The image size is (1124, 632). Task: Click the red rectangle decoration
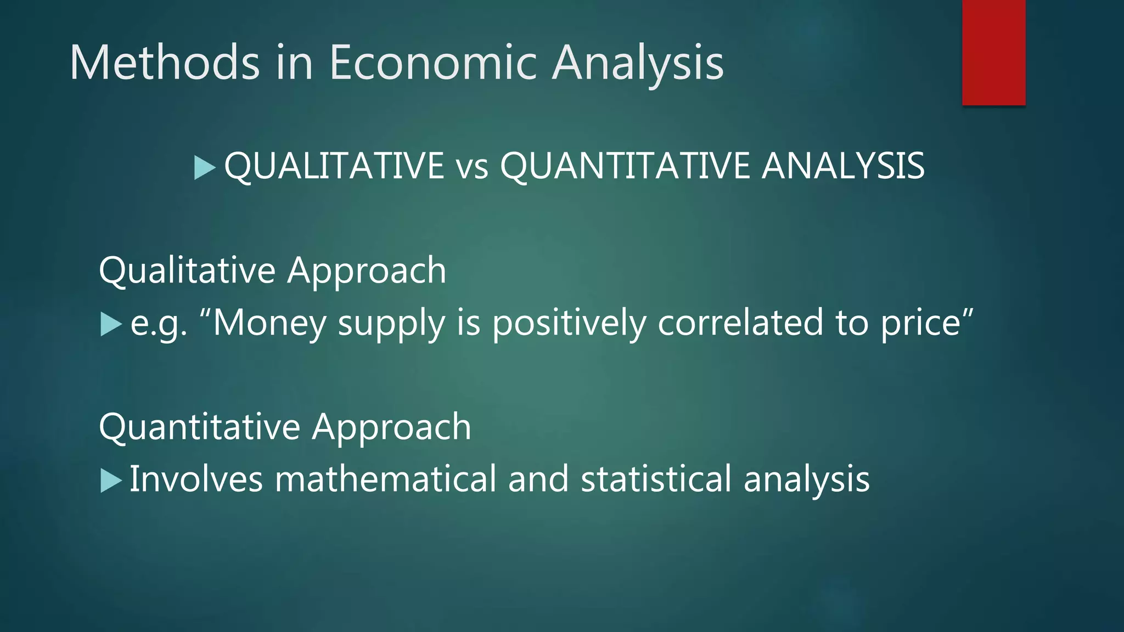pos(993,52)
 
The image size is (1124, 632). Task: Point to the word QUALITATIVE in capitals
pos(334,166)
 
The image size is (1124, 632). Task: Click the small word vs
pos(472,167)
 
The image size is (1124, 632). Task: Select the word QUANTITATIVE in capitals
pos(625,166)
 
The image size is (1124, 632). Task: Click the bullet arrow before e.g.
pos(111,324)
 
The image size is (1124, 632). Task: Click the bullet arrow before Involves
pos(111,481)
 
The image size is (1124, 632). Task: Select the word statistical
pos(656,479)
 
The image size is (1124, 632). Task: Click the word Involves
pos(196,479)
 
